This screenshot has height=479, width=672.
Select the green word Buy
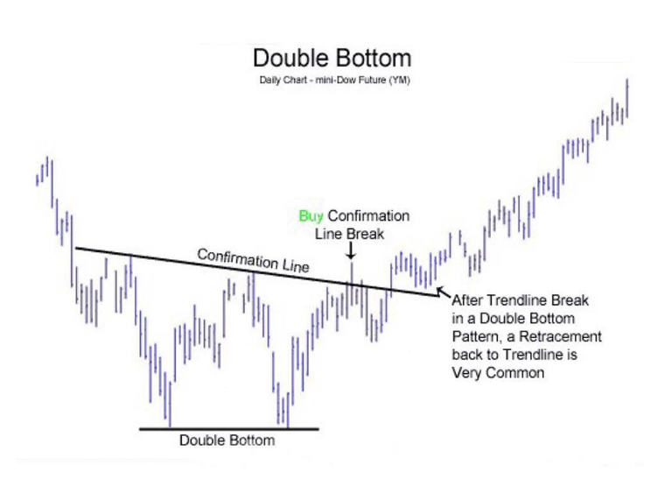(x=311, y=215)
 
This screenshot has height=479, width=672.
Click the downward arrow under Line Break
(x=351, y=250)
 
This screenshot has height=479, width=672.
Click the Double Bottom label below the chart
(x=227, y=440)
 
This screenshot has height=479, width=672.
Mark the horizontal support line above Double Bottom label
(x=229, y=428)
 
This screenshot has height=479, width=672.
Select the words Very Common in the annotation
(x=498, y=372)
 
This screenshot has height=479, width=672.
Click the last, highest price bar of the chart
(x=627, y=95)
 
